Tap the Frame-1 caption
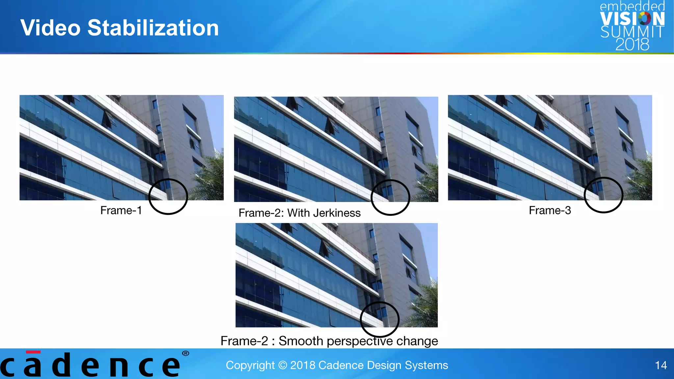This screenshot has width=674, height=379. tap(121, 210)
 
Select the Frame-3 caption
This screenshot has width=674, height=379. tap(550, 210)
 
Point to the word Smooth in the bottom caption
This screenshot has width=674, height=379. tap(301, 341)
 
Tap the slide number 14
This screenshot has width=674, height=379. tap(661, 365)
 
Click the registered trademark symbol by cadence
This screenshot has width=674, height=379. tap(186, 353)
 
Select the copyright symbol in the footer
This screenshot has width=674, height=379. tap(282, 365)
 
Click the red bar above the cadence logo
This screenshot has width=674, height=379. tap(33, 352)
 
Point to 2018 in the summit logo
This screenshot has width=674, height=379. tap(632, 44)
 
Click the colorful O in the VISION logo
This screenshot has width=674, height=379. tap(644, 19)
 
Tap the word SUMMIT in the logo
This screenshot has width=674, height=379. tap(632, 32)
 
